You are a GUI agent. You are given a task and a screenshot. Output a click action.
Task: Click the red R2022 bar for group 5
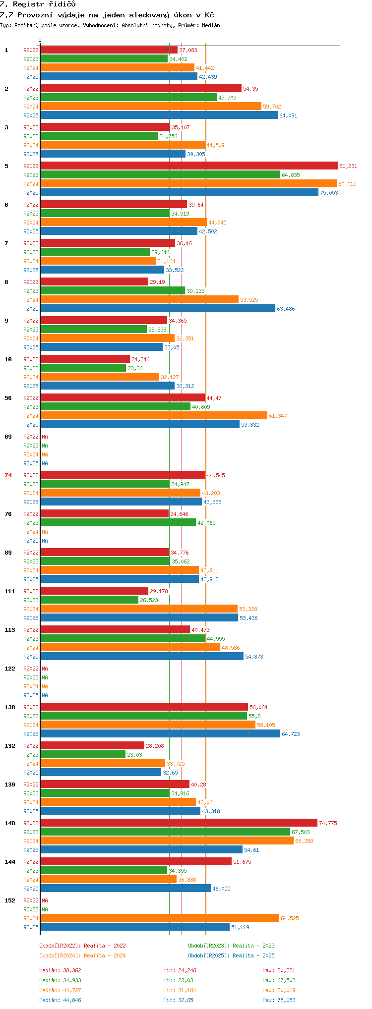coord(189,166)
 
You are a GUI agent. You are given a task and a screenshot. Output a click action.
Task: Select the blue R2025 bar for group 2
coord(159,115)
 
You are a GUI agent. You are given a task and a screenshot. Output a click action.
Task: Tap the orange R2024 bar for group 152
coord(160,918)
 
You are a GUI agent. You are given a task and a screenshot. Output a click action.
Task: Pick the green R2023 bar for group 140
coord(165,832)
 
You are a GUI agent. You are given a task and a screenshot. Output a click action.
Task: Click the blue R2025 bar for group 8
coord(158,309)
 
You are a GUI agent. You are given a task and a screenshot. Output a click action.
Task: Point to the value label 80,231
coord(348,166)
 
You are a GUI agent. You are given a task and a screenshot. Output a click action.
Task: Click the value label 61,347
coord(278,416)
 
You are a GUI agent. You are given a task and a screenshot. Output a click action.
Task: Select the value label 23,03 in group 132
coord(134,755)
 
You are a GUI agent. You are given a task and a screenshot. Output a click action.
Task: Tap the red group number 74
coord(8,475)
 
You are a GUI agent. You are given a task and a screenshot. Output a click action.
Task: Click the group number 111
coord(10,591)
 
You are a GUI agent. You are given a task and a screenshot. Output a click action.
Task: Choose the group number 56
coord(8,398)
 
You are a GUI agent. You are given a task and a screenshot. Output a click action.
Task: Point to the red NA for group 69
coord(45,437)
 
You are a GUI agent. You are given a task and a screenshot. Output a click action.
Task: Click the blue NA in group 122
coord(45,695)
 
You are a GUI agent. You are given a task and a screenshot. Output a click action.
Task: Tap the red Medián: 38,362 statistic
coord(60,970)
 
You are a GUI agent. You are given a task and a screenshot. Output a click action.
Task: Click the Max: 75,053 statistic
coord(279,1000)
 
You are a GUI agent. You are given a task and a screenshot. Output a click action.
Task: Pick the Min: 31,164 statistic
coord(180,990)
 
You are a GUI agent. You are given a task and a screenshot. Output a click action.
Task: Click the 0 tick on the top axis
coord(40,40)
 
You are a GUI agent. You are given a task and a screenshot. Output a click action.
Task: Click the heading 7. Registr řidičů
coord(38,4)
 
